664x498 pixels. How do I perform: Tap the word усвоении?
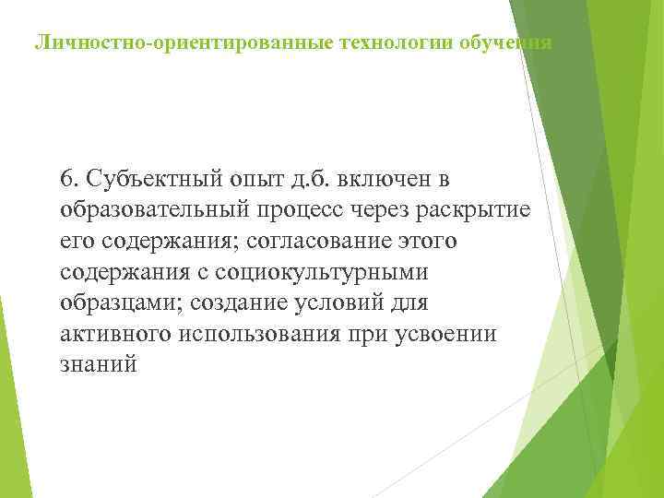449,334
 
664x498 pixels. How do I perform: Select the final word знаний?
99,365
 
